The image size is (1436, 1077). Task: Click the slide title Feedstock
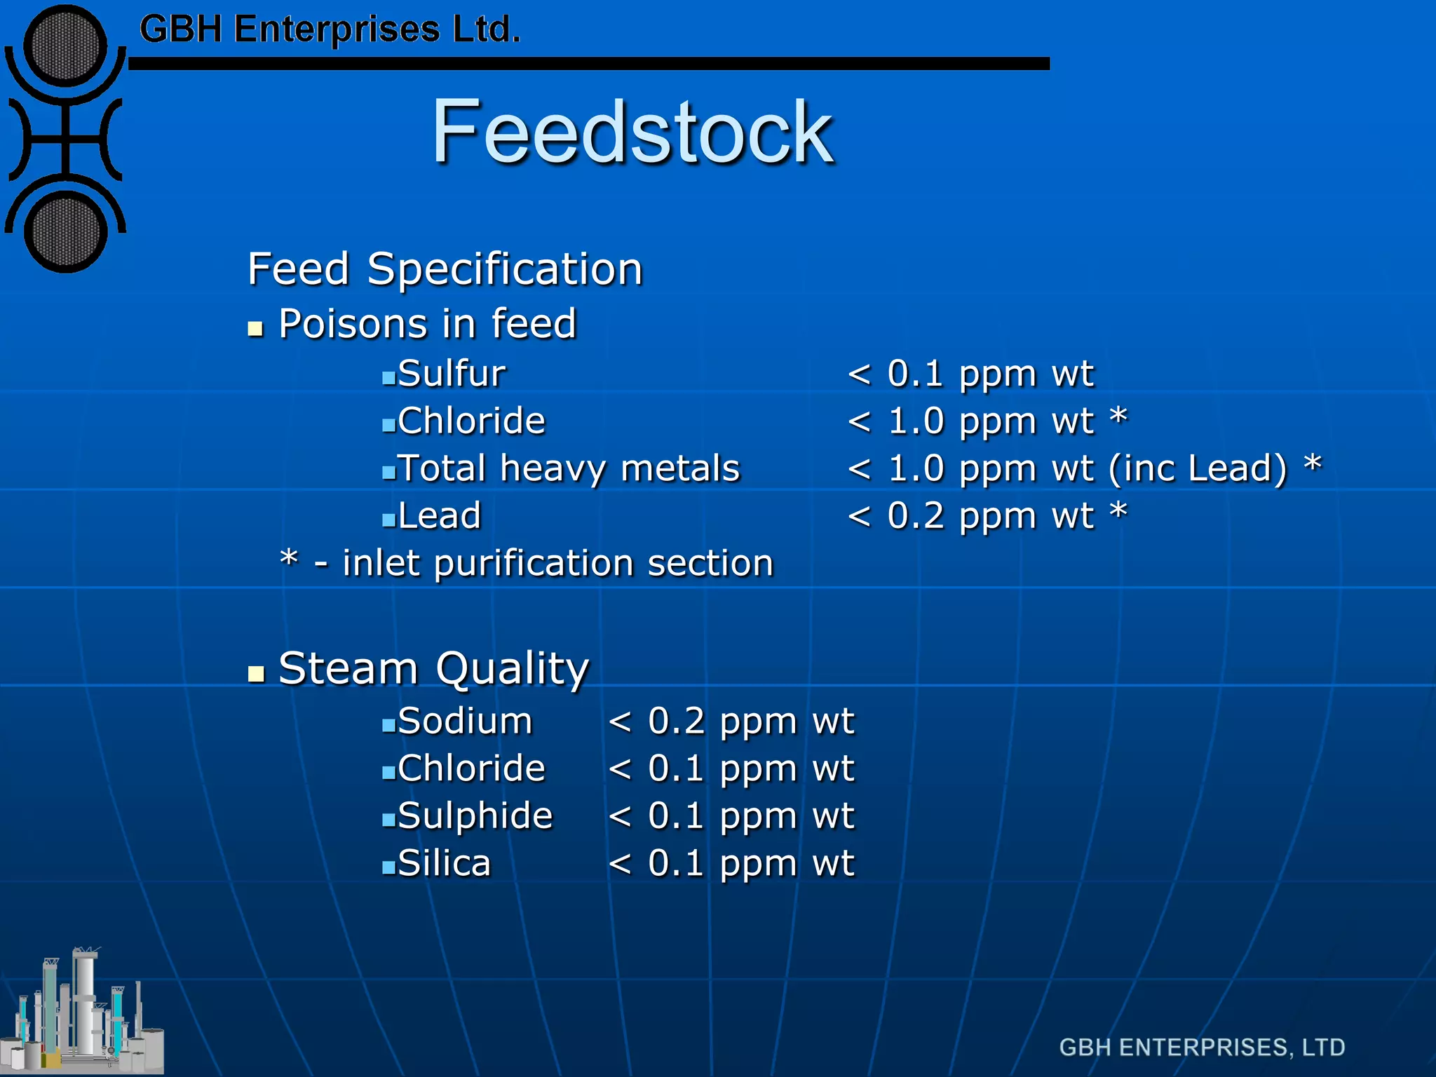pos(632,132)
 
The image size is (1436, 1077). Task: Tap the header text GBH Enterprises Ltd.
pos(330,29)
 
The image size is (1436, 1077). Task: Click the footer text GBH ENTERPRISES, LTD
pos(1202,1048)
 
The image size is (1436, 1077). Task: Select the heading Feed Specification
pos(445,269)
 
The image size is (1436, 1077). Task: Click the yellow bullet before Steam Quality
pos(256,675)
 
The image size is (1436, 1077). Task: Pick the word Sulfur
pos(451,373)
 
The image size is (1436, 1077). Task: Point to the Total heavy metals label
pos(568,468)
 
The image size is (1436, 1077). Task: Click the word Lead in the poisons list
pos(439,516)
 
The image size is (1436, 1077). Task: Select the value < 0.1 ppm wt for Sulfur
pos(970,373)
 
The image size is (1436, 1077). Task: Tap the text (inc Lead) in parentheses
pos(1198,468)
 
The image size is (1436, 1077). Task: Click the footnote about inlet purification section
pos(526,563)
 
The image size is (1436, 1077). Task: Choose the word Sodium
pos(464,722)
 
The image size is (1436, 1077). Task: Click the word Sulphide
pos(475,816)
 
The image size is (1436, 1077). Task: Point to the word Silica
pos(444,863)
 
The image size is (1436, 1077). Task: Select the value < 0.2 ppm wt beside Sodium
pos(731,722)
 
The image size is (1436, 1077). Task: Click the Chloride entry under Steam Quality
pos(470,768)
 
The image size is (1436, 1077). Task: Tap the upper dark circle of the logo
pos(65,46)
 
